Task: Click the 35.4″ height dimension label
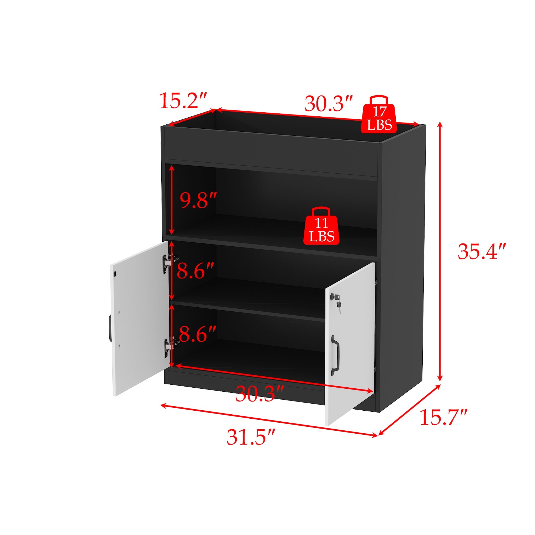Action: (482, 251)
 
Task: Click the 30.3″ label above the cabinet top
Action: (328, 103)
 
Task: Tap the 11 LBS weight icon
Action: (321, 226)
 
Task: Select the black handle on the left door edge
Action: (110, 328)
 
